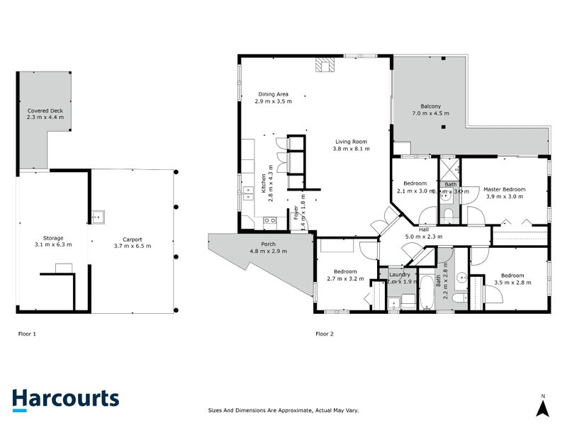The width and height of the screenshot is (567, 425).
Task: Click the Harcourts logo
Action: (x=65, y=399)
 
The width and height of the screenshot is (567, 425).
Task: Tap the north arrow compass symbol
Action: (x=542, y=407)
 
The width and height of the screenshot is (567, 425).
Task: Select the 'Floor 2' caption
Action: (x=325, y=333)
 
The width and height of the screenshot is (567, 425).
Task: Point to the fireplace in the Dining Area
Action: (x=325, y=66)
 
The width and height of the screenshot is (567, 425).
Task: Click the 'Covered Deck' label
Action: (x=45, y=111)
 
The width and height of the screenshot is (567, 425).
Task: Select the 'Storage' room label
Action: (x=53, y=238)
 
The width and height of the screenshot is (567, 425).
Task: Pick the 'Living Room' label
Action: (x=352, y=142)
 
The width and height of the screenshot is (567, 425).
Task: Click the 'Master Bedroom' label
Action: (x=504, y=189)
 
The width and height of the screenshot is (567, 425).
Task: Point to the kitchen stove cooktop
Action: (x=270, y=220)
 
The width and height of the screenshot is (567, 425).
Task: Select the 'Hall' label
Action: (x=423, y=229)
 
